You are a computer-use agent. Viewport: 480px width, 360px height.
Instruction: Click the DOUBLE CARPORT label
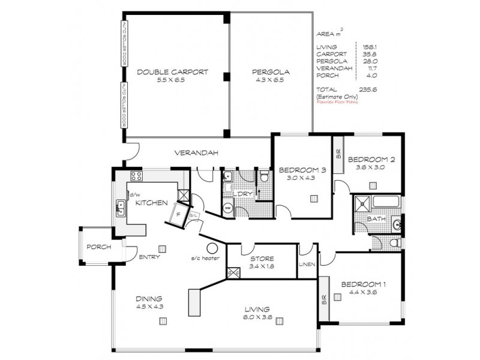click(172, 72)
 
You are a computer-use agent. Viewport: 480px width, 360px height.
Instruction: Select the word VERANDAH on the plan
click(193, 153)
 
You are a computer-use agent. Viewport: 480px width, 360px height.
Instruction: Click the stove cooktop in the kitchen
click(136, 176)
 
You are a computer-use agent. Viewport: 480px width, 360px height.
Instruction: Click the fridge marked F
click(179, 212)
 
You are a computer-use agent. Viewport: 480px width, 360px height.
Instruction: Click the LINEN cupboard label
click(307, 264)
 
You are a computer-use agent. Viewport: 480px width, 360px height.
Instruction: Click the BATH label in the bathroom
click(376, 220)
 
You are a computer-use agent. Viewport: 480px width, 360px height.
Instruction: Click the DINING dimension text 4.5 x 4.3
click(150, 306)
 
